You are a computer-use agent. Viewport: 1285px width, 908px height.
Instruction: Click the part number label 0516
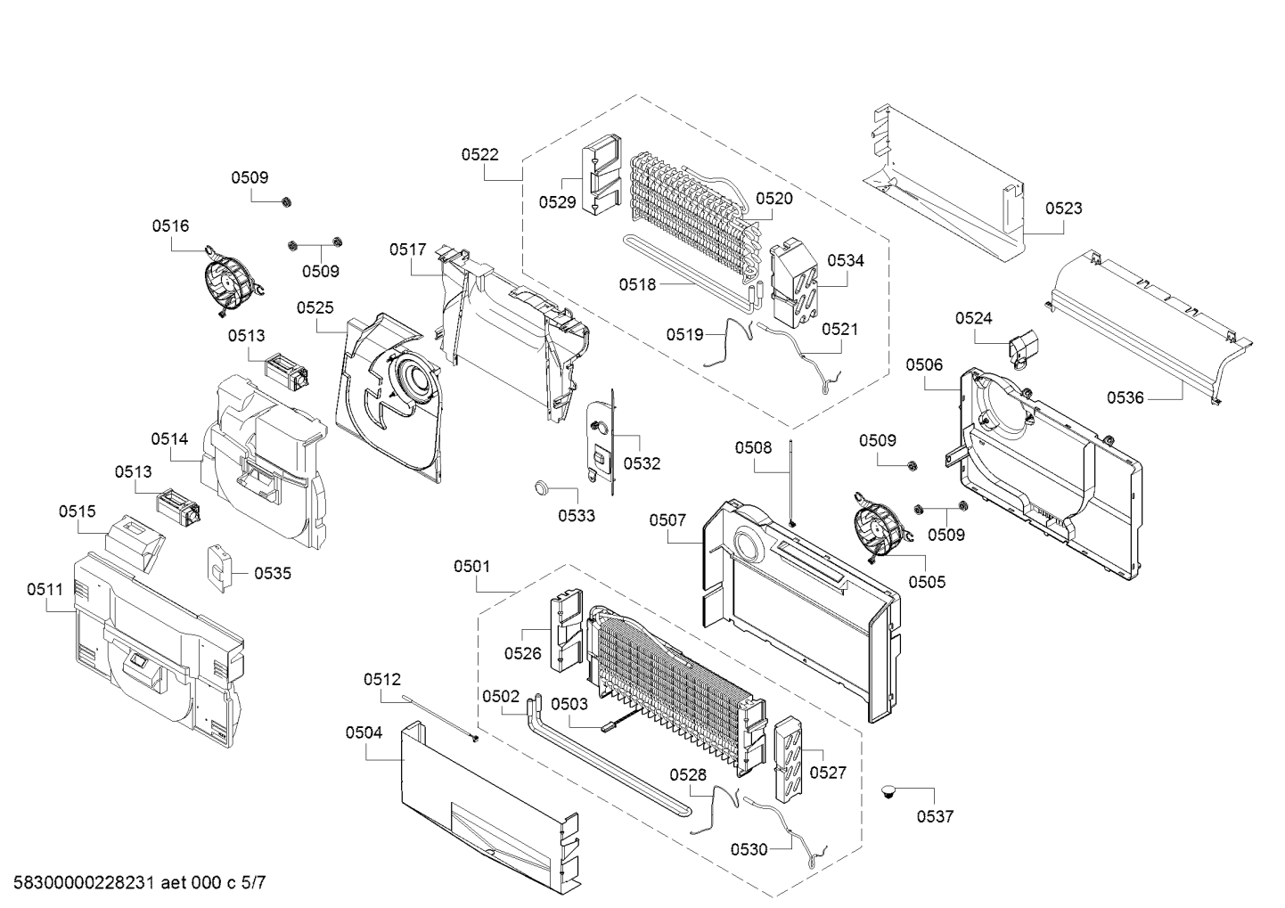click(170, 226)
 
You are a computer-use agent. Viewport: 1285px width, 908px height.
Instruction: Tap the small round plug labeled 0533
click(542, 487)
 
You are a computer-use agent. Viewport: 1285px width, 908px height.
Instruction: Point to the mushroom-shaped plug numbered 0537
click(888, 792)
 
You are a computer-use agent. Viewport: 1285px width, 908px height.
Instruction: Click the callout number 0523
click(1064, 209)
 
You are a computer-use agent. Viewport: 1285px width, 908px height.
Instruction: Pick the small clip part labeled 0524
click(1021, 348)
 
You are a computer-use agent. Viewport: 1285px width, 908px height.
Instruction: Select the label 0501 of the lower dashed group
click(472, 567)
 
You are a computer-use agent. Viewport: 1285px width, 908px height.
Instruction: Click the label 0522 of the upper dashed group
click(480, 154)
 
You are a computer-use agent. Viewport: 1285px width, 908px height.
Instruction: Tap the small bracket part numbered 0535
click(218, 568)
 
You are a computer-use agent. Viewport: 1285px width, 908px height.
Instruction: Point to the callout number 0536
click(1125, 397)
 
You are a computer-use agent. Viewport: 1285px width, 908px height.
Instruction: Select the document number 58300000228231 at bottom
click(84, 882)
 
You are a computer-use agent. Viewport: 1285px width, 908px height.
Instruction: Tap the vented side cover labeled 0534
click(794, 283)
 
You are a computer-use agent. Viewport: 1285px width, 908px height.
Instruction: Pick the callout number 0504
click(364, 733)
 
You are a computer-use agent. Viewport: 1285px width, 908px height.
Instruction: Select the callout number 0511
click(45, 590)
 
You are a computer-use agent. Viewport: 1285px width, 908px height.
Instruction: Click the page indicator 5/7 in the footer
click(253, 882)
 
